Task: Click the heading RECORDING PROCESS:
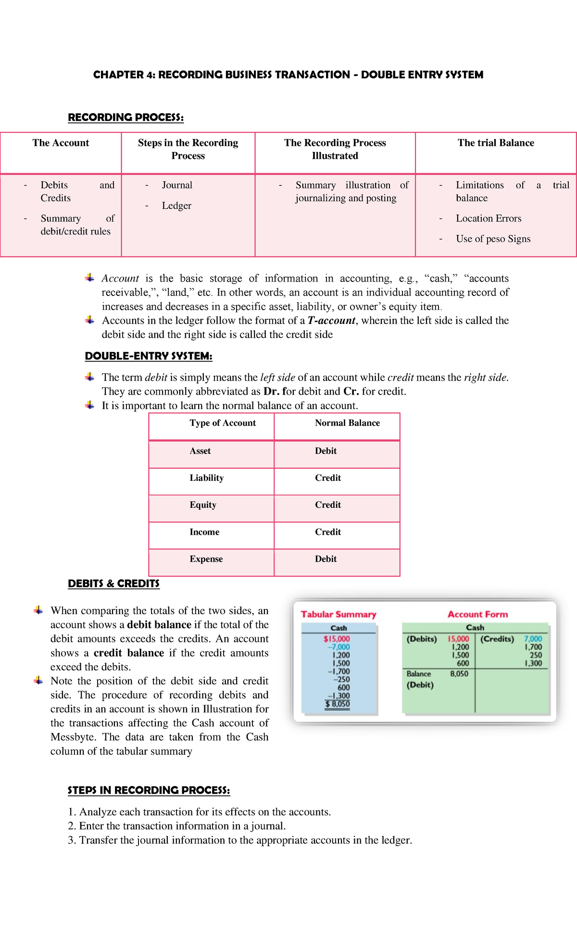[x=125, y=117]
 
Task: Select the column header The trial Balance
[x=496, y=143]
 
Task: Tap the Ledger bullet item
[x=176, y=206]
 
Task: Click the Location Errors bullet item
[x=489, y=218]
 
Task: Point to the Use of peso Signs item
[x=493, y=239]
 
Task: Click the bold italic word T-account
[x=331, y=321]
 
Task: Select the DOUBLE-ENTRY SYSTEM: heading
[x=149, y=356]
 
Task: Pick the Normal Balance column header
[x=347, y=423]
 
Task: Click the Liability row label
[x=206, y=478]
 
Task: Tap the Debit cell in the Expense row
[x=326, y=559]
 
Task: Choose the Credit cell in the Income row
[x=328, y=532]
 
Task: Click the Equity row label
[x=203, y=505]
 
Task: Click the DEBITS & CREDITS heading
[x=113, y=584]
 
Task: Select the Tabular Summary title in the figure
[x=339, y=615]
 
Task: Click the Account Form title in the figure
[x=477, y=615]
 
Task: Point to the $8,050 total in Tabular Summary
[x=338, y=704]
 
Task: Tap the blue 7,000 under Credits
[x=533, y=639]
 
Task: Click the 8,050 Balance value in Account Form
[x=459, y=674]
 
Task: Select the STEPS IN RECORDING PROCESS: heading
[x=149, y=790]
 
